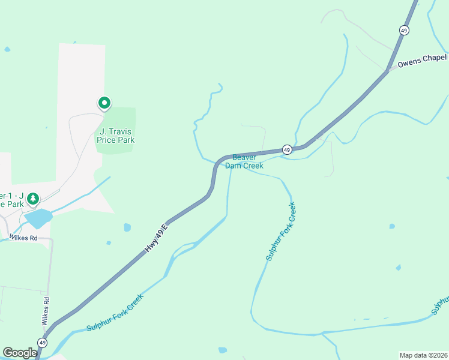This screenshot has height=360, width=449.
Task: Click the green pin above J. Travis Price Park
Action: [104, 104]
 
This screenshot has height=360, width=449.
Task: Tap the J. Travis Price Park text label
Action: [116, 136]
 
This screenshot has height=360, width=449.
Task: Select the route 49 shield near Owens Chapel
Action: [404, 30]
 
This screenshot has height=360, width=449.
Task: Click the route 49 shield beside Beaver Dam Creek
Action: [288, 149]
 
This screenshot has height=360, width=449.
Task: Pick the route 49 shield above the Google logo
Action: [42, 342]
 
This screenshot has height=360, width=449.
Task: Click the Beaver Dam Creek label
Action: [244, 161]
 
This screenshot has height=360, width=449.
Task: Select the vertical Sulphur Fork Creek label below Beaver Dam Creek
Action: [281, 231]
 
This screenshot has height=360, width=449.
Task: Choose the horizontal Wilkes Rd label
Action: [23, 238]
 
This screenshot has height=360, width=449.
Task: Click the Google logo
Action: [20, 353]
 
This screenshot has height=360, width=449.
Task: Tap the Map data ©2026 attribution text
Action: [423, 355]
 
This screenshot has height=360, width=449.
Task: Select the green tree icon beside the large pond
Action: [34, 197]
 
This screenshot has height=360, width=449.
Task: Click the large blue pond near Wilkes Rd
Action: [37, 218]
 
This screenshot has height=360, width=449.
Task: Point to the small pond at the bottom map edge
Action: [223, 350]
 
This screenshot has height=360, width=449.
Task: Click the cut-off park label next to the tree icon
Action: [12, 200]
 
